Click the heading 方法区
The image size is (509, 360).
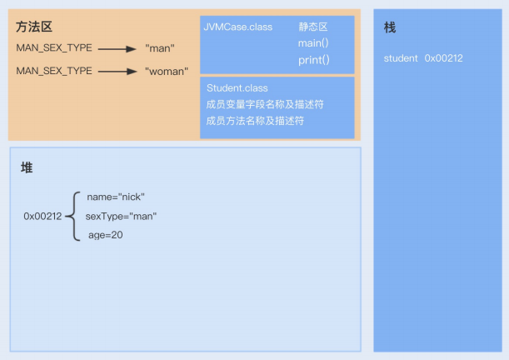click(x=34, y=27)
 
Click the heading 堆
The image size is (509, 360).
click(x=27, y=167)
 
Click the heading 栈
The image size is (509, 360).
click(x=390, y=28)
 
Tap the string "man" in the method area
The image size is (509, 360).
click(x=159, y=48)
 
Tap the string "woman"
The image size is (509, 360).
click(x=167, y=71)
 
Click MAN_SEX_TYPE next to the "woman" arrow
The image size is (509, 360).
click(x=54, y=71)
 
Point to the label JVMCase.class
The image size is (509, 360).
click(x=237, y=27)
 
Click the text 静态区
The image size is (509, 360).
click(x=313, y=27)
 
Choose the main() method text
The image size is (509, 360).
click(x=314, y=43)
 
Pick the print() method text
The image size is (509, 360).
click(x=314, y=60)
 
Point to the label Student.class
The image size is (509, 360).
click(x=237, y=87)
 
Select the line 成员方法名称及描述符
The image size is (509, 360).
click(x=254, y=121)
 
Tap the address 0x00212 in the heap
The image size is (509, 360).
click(x=42, y=216)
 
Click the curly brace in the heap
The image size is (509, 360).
click(x=72, y=216)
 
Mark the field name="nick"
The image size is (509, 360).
click(x=116, y=197)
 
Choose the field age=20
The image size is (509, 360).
click(x=106, y=235)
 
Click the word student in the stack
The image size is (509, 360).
click(x=402, y=58)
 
